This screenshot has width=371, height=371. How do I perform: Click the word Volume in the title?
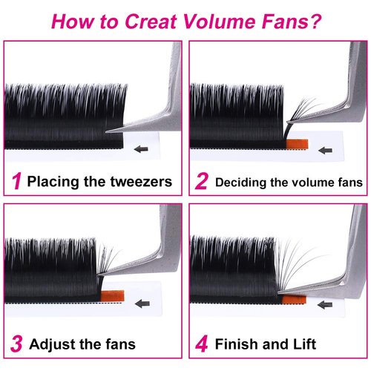(220, 19)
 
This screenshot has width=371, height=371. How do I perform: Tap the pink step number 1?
(16, 180)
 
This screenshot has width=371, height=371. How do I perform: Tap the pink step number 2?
(200, 180)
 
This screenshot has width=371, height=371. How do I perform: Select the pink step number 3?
(16, 344)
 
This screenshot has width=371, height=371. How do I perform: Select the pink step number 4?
(200, 344)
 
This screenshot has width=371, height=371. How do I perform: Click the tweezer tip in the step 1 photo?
(110, 131)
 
